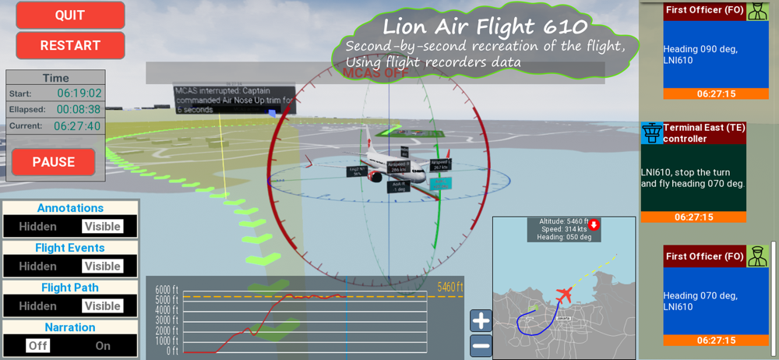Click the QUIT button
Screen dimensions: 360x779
(x=70, y=16)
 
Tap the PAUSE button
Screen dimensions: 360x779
(x=54, y=162)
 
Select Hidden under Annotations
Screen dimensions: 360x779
(x=38, y=227)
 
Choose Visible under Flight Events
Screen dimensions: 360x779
(x=102, y=266)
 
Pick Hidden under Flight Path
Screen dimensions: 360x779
(x=38, y=306)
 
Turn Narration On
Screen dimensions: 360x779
(x=103, y=346)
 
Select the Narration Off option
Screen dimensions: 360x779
(x=37, y=346)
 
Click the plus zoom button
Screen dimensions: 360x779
(x=481, y=320)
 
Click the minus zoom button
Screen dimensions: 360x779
(x=481, y=345)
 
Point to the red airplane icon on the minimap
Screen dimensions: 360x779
(x=565, y=296)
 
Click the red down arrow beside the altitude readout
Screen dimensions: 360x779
(x=594, y=225)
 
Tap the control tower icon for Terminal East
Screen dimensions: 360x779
(x=652, y=133)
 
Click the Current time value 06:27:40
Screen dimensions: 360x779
(x=77, y=126)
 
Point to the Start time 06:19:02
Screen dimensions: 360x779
(x=78, y=94)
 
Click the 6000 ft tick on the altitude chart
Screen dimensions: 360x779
(x=167, y=289)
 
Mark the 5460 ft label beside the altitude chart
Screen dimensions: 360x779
(x=450, y=288)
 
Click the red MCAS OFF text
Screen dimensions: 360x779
(x=375, y=73)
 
